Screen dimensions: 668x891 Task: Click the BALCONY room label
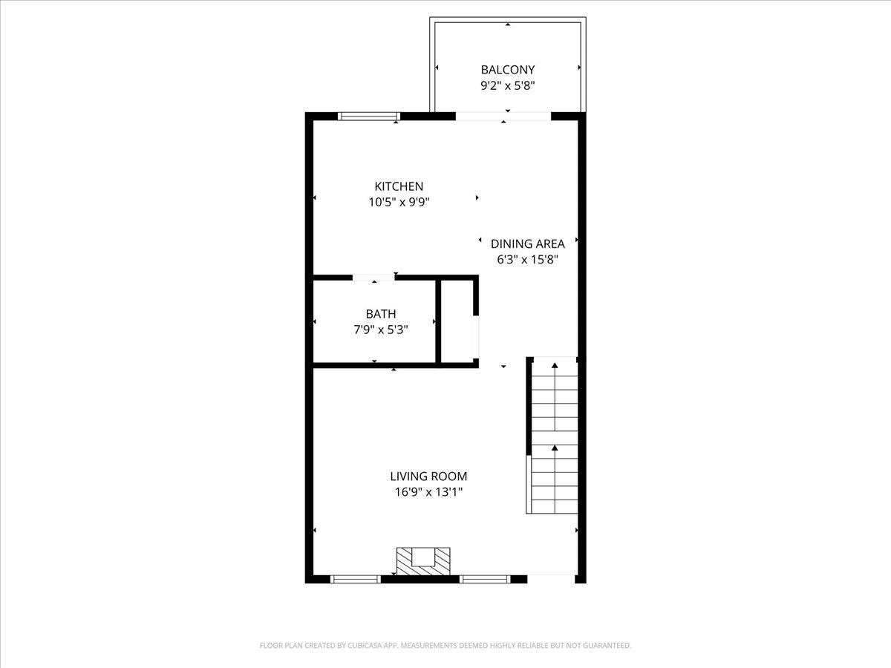coord(508,70)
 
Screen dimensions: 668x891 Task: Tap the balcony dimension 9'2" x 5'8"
coord(508,85)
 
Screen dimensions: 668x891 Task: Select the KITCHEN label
coord(399,186)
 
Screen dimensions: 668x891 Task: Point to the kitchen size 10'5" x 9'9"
coord(399,201)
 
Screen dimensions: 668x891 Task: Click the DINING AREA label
coord(528,243)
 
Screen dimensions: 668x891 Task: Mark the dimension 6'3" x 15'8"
coord(528,259)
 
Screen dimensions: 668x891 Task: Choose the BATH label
coord(380,314)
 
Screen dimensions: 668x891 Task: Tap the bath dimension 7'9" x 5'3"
coord(380,329)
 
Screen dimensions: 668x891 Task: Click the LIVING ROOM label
coord(428,477)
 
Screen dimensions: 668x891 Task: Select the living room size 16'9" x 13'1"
coord(428,491)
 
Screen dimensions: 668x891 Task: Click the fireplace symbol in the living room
coord(423,560)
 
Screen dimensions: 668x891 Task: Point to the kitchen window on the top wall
coord(369,116)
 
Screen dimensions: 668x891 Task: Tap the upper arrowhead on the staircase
coord(554,364)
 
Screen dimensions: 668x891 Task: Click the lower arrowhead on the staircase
coord(554,448)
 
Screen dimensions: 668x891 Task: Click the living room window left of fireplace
coord(355,579)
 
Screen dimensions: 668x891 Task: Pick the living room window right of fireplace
coord(484,579)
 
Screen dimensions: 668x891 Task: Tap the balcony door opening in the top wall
coord(503,116)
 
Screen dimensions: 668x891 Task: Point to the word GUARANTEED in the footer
coord(605,646)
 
